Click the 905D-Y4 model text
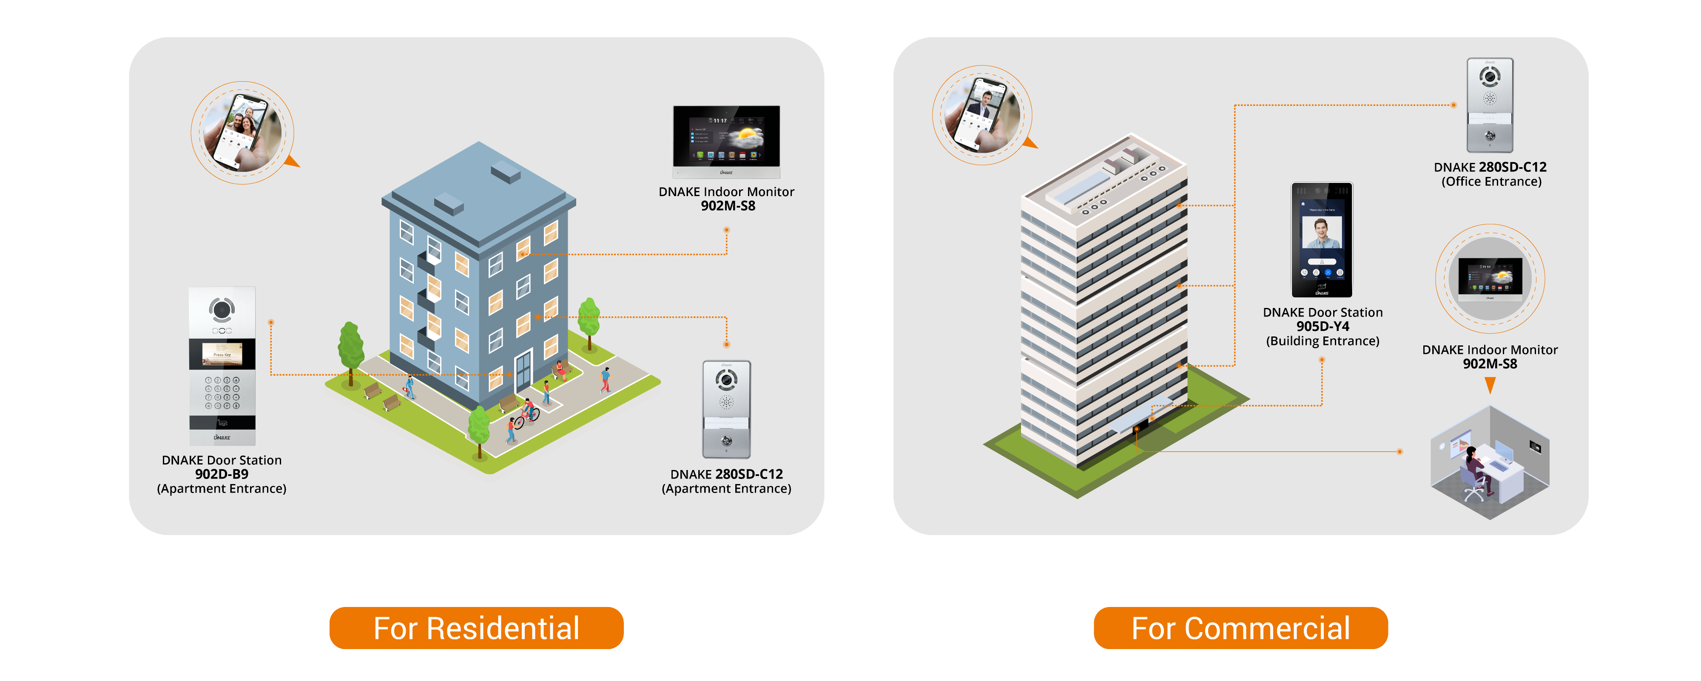(x=1322, y=326)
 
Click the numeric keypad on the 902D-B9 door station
(x=222, y=393)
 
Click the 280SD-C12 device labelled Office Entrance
(x=1490, y=105)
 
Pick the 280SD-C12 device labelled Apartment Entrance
(x=726, y=410)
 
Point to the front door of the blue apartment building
(x=523, y=371)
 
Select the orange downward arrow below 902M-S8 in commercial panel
(x=1490, y=385)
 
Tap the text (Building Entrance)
(x=1322, y=341)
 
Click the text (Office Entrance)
(x=1491, y=182)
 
